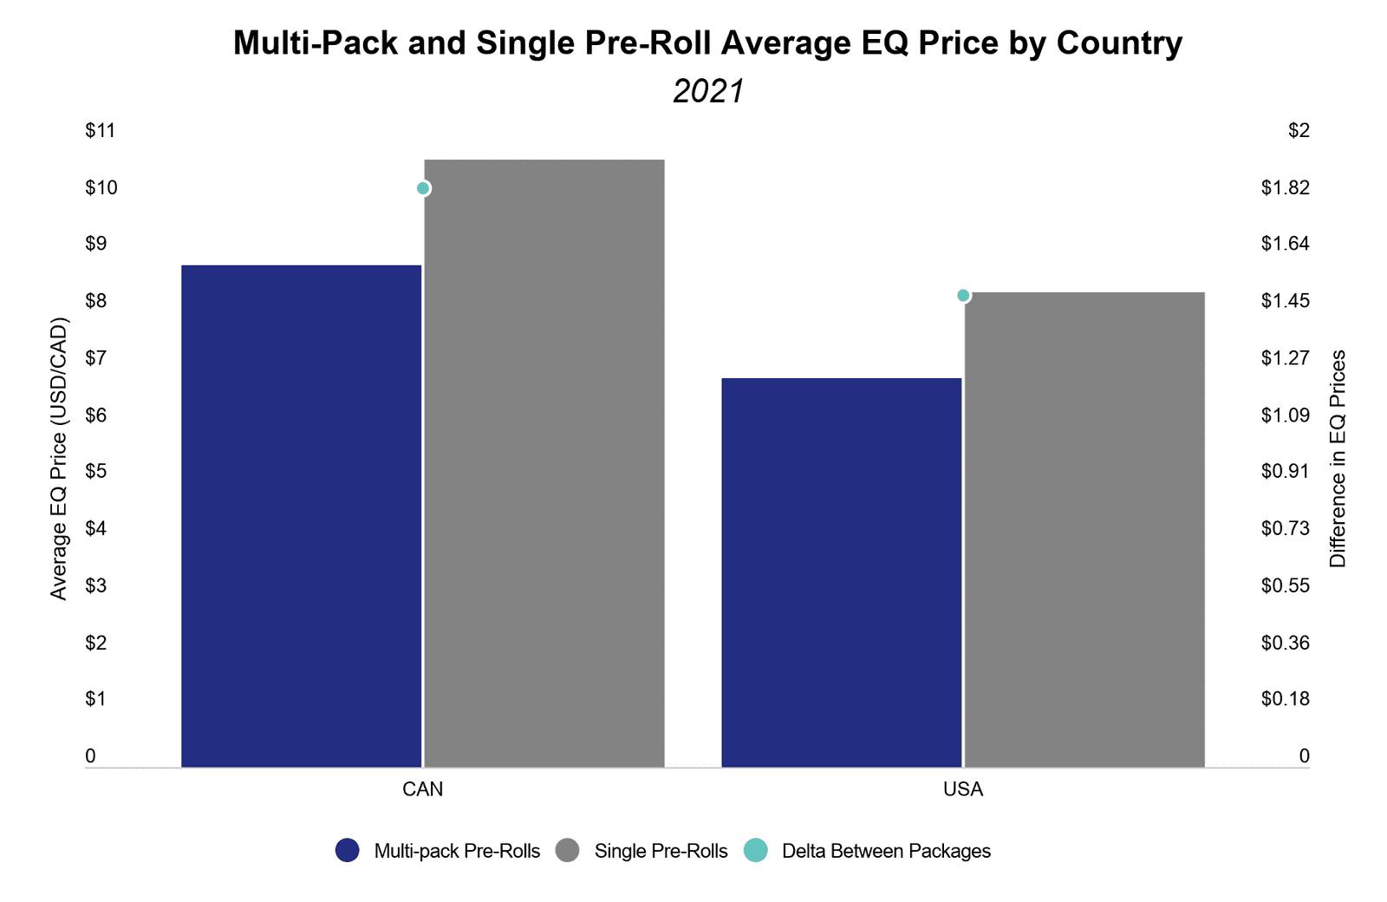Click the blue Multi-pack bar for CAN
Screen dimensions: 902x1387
click(x=301, y=515)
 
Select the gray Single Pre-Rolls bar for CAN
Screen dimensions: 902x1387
click(x=544, y=463)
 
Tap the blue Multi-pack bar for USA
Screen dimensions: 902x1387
click(x=841, y=572)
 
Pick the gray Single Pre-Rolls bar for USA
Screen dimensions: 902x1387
click(x=1084, y=529)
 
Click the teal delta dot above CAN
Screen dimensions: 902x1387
click(x=423, y=188)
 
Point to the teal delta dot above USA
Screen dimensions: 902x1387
click(x=963, y=296)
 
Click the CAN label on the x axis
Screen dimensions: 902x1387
click(x=423, y=789)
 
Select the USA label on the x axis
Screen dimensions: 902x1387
click(x=963, y=789)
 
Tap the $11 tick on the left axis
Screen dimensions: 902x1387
click(x=101, y=131)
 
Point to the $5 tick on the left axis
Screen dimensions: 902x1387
click(x=95, y=471)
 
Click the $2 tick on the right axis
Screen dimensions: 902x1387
click(x=1298, y=131)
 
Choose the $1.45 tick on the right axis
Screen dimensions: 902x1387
click(x=1285, y=301)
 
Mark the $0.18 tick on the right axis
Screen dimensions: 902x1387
click(x=1285, y=698)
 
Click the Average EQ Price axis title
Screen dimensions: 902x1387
click(x=59, y=460)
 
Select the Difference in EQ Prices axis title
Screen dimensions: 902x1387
click(x=1338, y=459)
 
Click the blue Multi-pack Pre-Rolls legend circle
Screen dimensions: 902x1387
click(x=348, y=851)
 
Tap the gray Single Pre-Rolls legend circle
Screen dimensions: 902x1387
click(x=568, y=851)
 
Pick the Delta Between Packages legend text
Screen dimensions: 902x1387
click(x=886, y=851)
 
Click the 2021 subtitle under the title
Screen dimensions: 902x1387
click(x=708, y=91)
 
